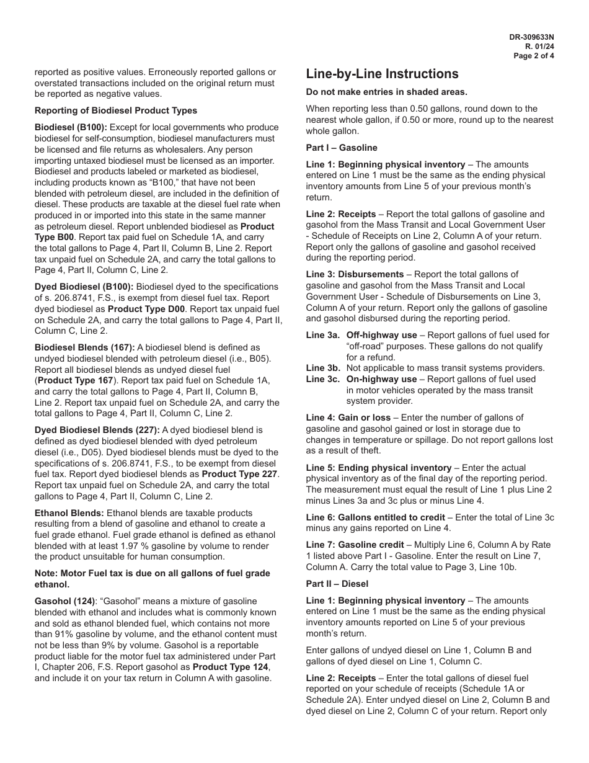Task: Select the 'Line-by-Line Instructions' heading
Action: click(382, 74)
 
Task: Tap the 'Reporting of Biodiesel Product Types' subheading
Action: click(116, 110)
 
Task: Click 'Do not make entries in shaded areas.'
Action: click(387, 92)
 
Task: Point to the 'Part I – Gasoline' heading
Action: click(342, 148)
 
